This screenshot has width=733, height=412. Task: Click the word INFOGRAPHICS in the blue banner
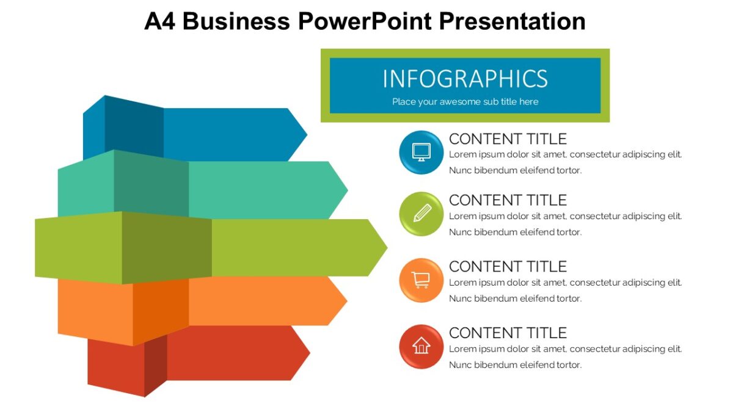click(x=465, y=79)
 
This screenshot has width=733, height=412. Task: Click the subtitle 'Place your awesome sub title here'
click(x=465, y=102)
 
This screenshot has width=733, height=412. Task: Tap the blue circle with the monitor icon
click(x=421, y=152)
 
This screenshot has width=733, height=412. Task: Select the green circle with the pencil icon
click(x=421, y=214)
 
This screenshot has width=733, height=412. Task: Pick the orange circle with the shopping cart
click(x=421, y=280)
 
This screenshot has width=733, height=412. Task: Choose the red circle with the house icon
click(x=421, y=347)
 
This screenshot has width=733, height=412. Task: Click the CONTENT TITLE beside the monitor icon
click(x=508, y=139)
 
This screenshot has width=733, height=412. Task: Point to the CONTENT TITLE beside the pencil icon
click(x=508, y=200)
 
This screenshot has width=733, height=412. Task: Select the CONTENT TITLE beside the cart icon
click(x=508, y=267)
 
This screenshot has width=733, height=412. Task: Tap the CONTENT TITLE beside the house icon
click(x=508, y=333)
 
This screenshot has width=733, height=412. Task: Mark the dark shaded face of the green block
click(x=167, y=247)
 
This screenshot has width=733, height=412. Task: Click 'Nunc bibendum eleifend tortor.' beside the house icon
click(x=515, y=365)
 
